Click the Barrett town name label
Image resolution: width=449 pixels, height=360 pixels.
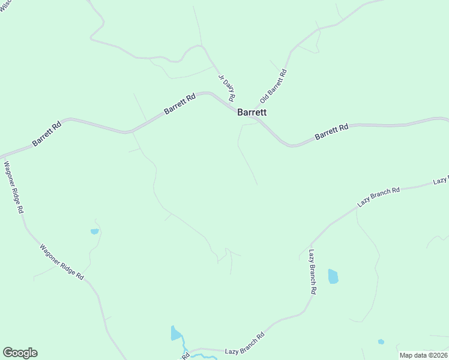click(252, 112)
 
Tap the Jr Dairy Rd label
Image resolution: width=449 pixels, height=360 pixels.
click(227, 88)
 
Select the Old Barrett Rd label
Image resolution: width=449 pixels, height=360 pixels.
click(274, 85)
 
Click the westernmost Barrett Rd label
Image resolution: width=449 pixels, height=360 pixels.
click(47, 134)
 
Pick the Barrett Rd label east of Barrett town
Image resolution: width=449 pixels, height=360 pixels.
click(331, 133)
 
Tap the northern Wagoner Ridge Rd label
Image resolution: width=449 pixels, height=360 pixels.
click(14, 188)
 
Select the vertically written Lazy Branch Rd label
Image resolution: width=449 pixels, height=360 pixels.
click(313, 271)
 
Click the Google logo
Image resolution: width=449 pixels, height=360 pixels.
click(20, 353)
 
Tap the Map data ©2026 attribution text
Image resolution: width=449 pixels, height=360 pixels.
click(424, 355)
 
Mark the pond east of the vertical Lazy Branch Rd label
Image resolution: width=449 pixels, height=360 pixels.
click(333, 277)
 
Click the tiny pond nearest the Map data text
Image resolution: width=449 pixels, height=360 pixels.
click(381, 342)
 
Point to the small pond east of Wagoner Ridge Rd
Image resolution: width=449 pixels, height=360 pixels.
click(94, 231)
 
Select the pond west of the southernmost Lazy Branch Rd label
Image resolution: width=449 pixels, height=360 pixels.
click(175, 334)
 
